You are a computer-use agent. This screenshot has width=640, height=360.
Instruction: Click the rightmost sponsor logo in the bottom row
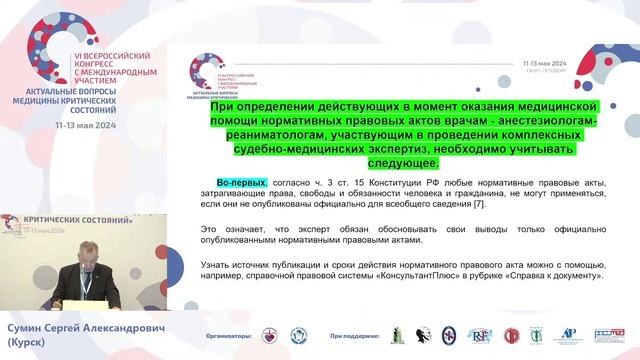coord(608,337)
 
